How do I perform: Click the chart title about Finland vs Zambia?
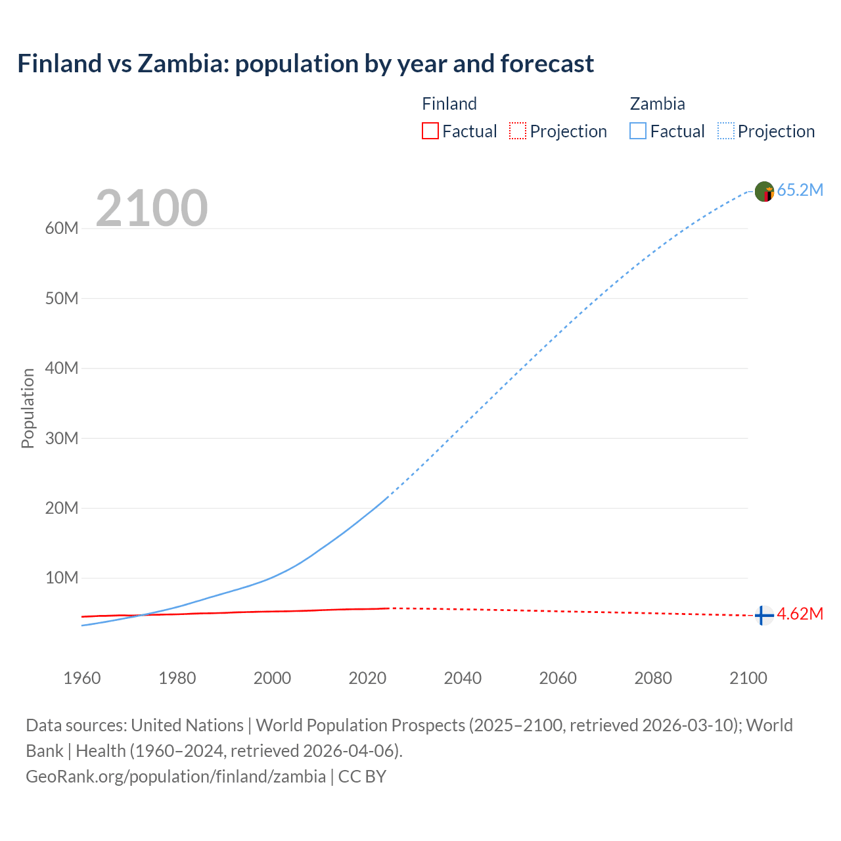(x=306, y=64)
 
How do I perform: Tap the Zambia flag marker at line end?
(x=764, y=191)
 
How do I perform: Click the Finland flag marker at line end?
(x=763, y=616)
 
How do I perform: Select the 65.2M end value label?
(x=800, y=190)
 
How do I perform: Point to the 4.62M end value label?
(x=800, y=614)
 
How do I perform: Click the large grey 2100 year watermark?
(x=152, y=208)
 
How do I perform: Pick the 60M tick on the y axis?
(x=62, y=228)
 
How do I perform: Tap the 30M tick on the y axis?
(x=62, y=438)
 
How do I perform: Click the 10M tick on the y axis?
(x=62, y=578)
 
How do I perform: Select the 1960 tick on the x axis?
(x=82, y=678)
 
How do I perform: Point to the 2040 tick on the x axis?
(x=463, y=678)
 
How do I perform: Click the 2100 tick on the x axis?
(x=748, y=678)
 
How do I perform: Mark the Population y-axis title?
(x=28, y=408)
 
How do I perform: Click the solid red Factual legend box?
(x=430, y=131)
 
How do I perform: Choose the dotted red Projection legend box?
(x=518, y=131)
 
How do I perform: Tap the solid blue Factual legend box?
(x=638, y=131)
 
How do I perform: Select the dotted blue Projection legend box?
(x=725, y=131)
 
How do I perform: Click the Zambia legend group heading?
(x=657, y=104)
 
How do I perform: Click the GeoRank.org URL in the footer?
(x=175, y=777)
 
